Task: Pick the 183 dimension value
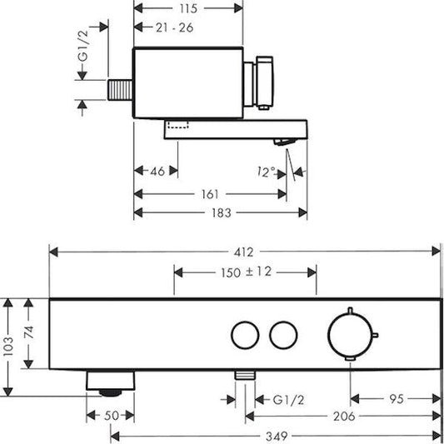[221, 212]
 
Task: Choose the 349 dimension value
[276, 434]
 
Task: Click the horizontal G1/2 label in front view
[287, 398]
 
